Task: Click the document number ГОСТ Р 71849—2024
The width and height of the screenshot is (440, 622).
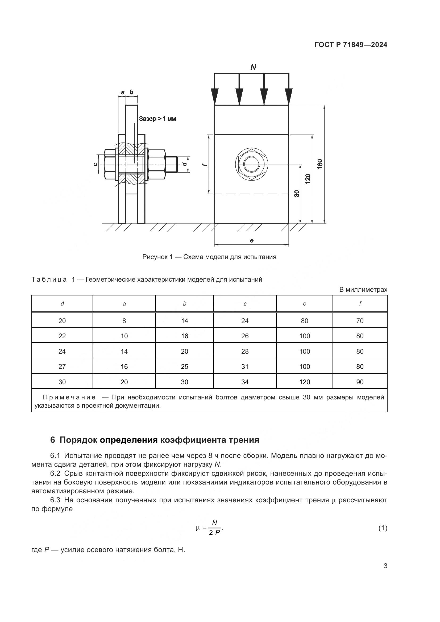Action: coord(351,45)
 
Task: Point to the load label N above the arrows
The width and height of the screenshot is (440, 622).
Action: coord(253,68)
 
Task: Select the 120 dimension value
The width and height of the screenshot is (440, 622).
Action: coord(308,179)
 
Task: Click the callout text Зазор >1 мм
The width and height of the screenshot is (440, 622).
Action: coord(157,119)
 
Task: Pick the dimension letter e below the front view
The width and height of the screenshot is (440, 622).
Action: coord(252,241)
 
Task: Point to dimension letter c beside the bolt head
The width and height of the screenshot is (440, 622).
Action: coord(95,164)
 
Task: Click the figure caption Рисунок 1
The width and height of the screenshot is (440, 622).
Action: coord(209,257)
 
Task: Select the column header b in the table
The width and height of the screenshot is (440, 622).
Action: coord(185,304)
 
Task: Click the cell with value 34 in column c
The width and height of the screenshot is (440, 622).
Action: coord(245,382)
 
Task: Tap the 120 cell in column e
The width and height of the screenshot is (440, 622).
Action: coord(305,382)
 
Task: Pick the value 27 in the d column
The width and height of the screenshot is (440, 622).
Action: coord(62,366)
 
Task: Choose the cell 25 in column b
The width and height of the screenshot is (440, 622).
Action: coord(185,366)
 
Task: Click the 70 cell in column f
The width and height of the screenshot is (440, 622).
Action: coord(360,321)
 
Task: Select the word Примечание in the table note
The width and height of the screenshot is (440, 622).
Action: coord(69,397)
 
